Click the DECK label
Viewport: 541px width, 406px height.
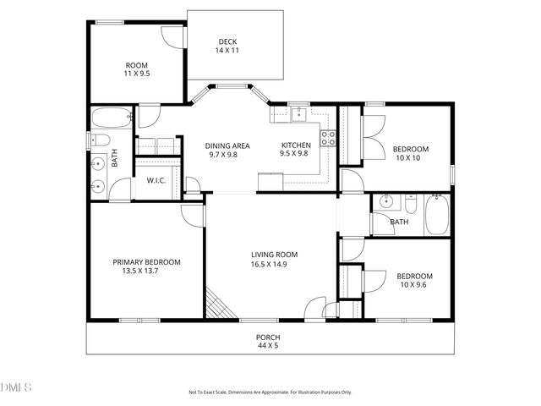[227, 46]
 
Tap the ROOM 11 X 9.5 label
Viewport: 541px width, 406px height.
[137, 69]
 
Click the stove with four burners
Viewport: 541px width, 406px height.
[328, 138]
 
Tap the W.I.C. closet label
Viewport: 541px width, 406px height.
[156, 180]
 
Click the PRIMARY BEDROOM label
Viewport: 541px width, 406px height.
[146, 266]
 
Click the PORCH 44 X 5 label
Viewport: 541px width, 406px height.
[268, 341]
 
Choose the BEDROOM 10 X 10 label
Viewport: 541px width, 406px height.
[411, 153]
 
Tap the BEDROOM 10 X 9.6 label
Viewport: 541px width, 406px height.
[414, 280]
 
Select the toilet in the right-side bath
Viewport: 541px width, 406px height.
[411, 204]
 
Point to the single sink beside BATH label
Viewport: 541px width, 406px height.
[385, 202]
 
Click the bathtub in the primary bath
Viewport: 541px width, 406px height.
[111, 118]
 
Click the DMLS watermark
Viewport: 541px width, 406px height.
[16, 388]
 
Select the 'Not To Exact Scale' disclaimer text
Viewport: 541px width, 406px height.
[270, 392]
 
